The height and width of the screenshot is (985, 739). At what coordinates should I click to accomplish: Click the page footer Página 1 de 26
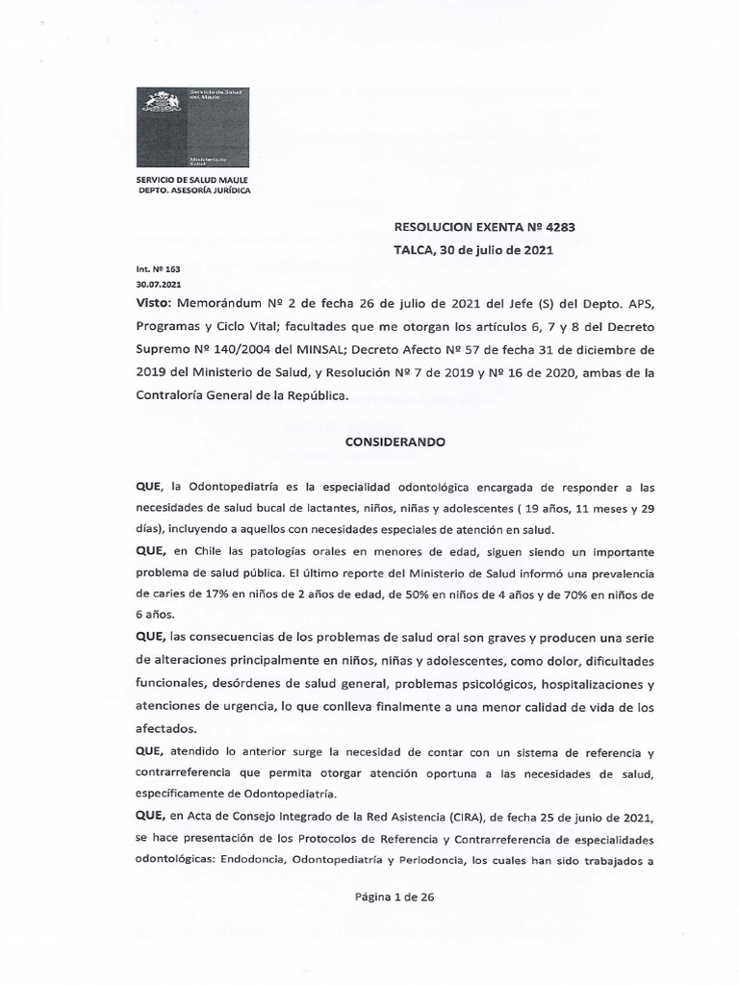pos(395,897)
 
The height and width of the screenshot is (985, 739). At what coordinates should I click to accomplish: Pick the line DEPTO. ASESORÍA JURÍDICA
pos(195,189)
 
